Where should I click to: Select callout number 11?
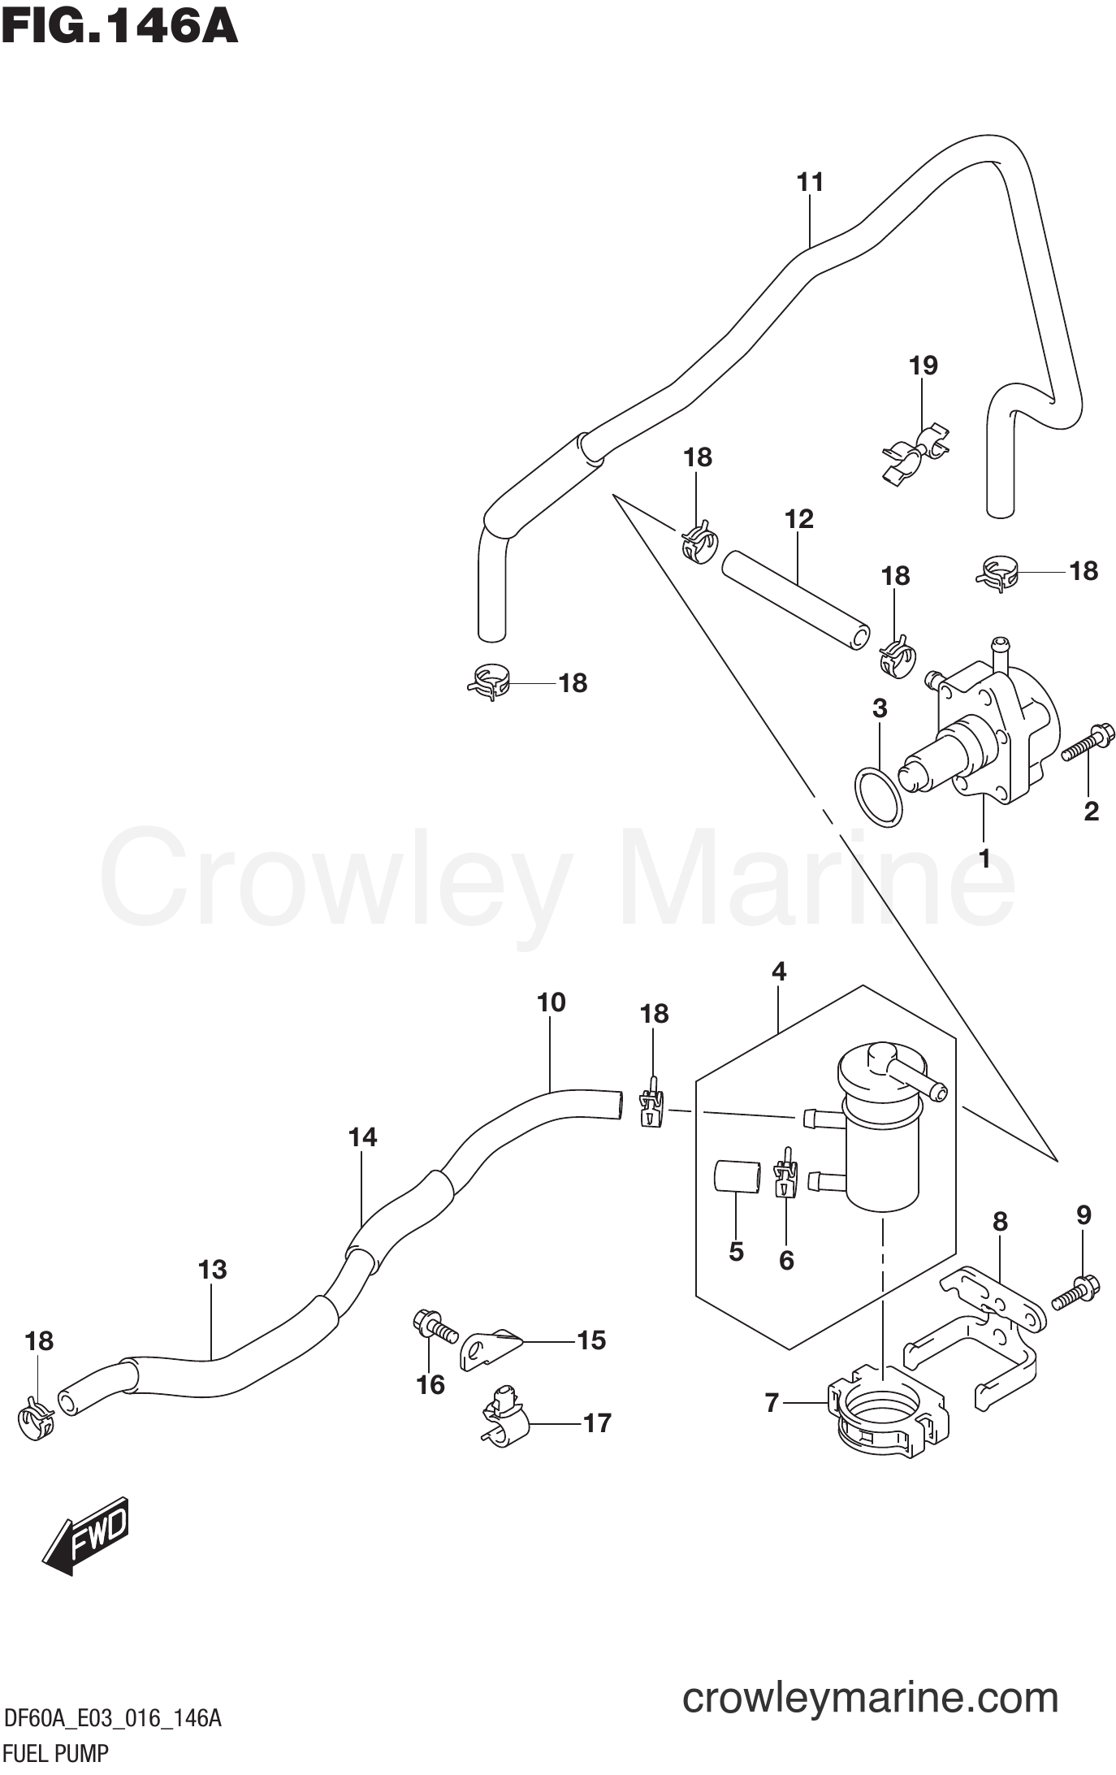pos(810,182)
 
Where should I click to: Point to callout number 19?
pos(923,366)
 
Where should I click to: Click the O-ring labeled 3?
pos(878,796)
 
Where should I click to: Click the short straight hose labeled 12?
pos(795,600)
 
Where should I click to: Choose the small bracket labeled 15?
pos(491,1349)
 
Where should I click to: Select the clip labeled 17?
pos(504,1421)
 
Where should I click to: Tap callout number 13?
pos(213,1269)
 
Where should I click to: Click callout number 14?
pos(362,1137)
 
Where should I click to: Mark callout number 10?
pos(551,1002)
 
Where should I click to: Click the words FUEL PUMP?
pos(55,1755)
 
